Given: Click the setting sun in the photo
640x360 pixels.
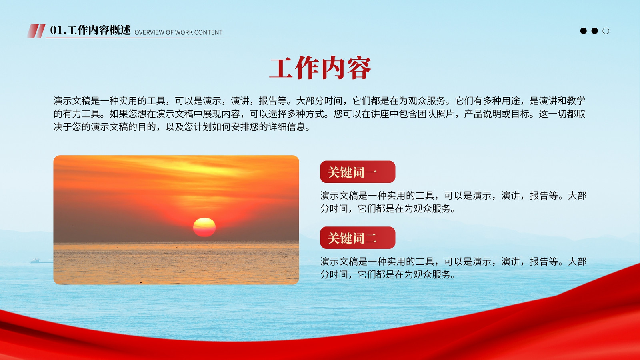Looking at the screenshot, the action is coord(204,227).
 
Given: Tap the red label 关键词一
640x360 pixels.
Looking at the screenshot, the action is coord(358,172).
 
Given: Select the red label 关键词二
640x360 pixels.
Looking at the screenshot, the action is coord(358,238).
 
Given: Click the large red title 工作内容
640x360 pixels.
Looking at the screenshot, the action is coord(320,68).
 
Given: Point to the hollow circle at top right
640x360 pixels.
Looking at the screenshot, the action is coord(606,31).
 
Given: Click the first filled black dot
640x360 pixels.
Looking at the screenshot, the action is coord(584,31).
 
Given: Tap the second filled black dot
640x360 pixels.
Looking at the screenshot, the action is coord(594,31).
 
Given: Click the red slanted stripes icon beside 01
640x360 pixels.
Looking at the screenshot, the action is coord(36,31).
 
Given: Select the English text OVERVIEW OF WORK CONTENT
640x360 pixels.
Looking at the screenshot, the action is coord(178,32).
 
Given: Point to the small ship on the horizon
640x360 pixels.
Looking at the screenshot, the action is coord(36,261).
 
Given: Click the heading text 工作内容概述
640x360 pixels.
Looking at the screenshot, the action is coord(99,30).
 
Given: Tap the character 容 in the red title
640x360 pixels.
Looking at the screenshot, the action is coord(359,68).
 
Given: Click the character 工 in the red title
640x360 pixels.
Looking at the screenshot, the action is coord(281,68).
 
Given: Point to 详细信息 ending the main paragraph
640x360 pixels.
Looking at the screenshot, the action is coord(286,127).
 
